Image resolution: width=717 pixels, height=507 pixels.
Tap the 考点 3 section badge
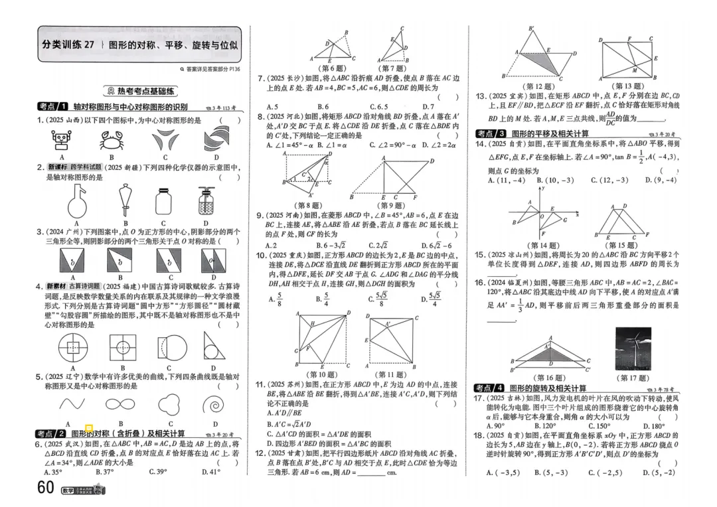(490, 133)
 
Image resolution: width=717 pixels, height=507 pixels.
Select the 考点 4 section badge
(490, 388)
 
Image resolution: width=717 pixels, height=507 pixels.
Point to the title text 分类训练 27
(68, 44)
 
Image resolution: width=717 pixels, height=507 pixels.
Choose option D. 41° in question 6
(210, 472)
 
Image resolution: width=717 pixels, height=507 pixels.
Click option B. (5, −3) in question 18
(552, 472)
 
